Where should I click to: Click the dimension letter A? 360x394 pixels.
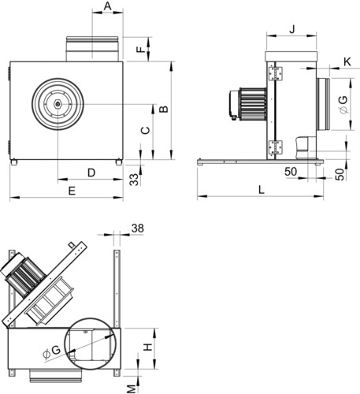point(108,6)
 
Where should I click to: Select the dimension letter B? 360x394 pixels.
point(164,109)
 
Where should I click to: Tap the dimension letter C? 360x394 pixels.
point(146,131)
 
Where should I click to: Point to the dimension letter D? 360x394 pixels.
point(91,173)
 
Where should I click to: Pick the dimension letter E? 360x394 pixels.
point(72,191)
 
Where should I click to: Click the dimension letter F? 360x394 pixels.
point(141,50)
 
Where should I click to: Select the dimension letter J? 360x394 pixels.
point(292,29)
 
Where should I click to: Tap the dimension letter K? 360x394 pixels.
point(347,62)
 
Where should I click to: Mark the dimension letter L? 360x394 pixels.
point(261,190)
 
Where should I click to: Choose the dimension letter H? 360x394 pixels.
point(148,348)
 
